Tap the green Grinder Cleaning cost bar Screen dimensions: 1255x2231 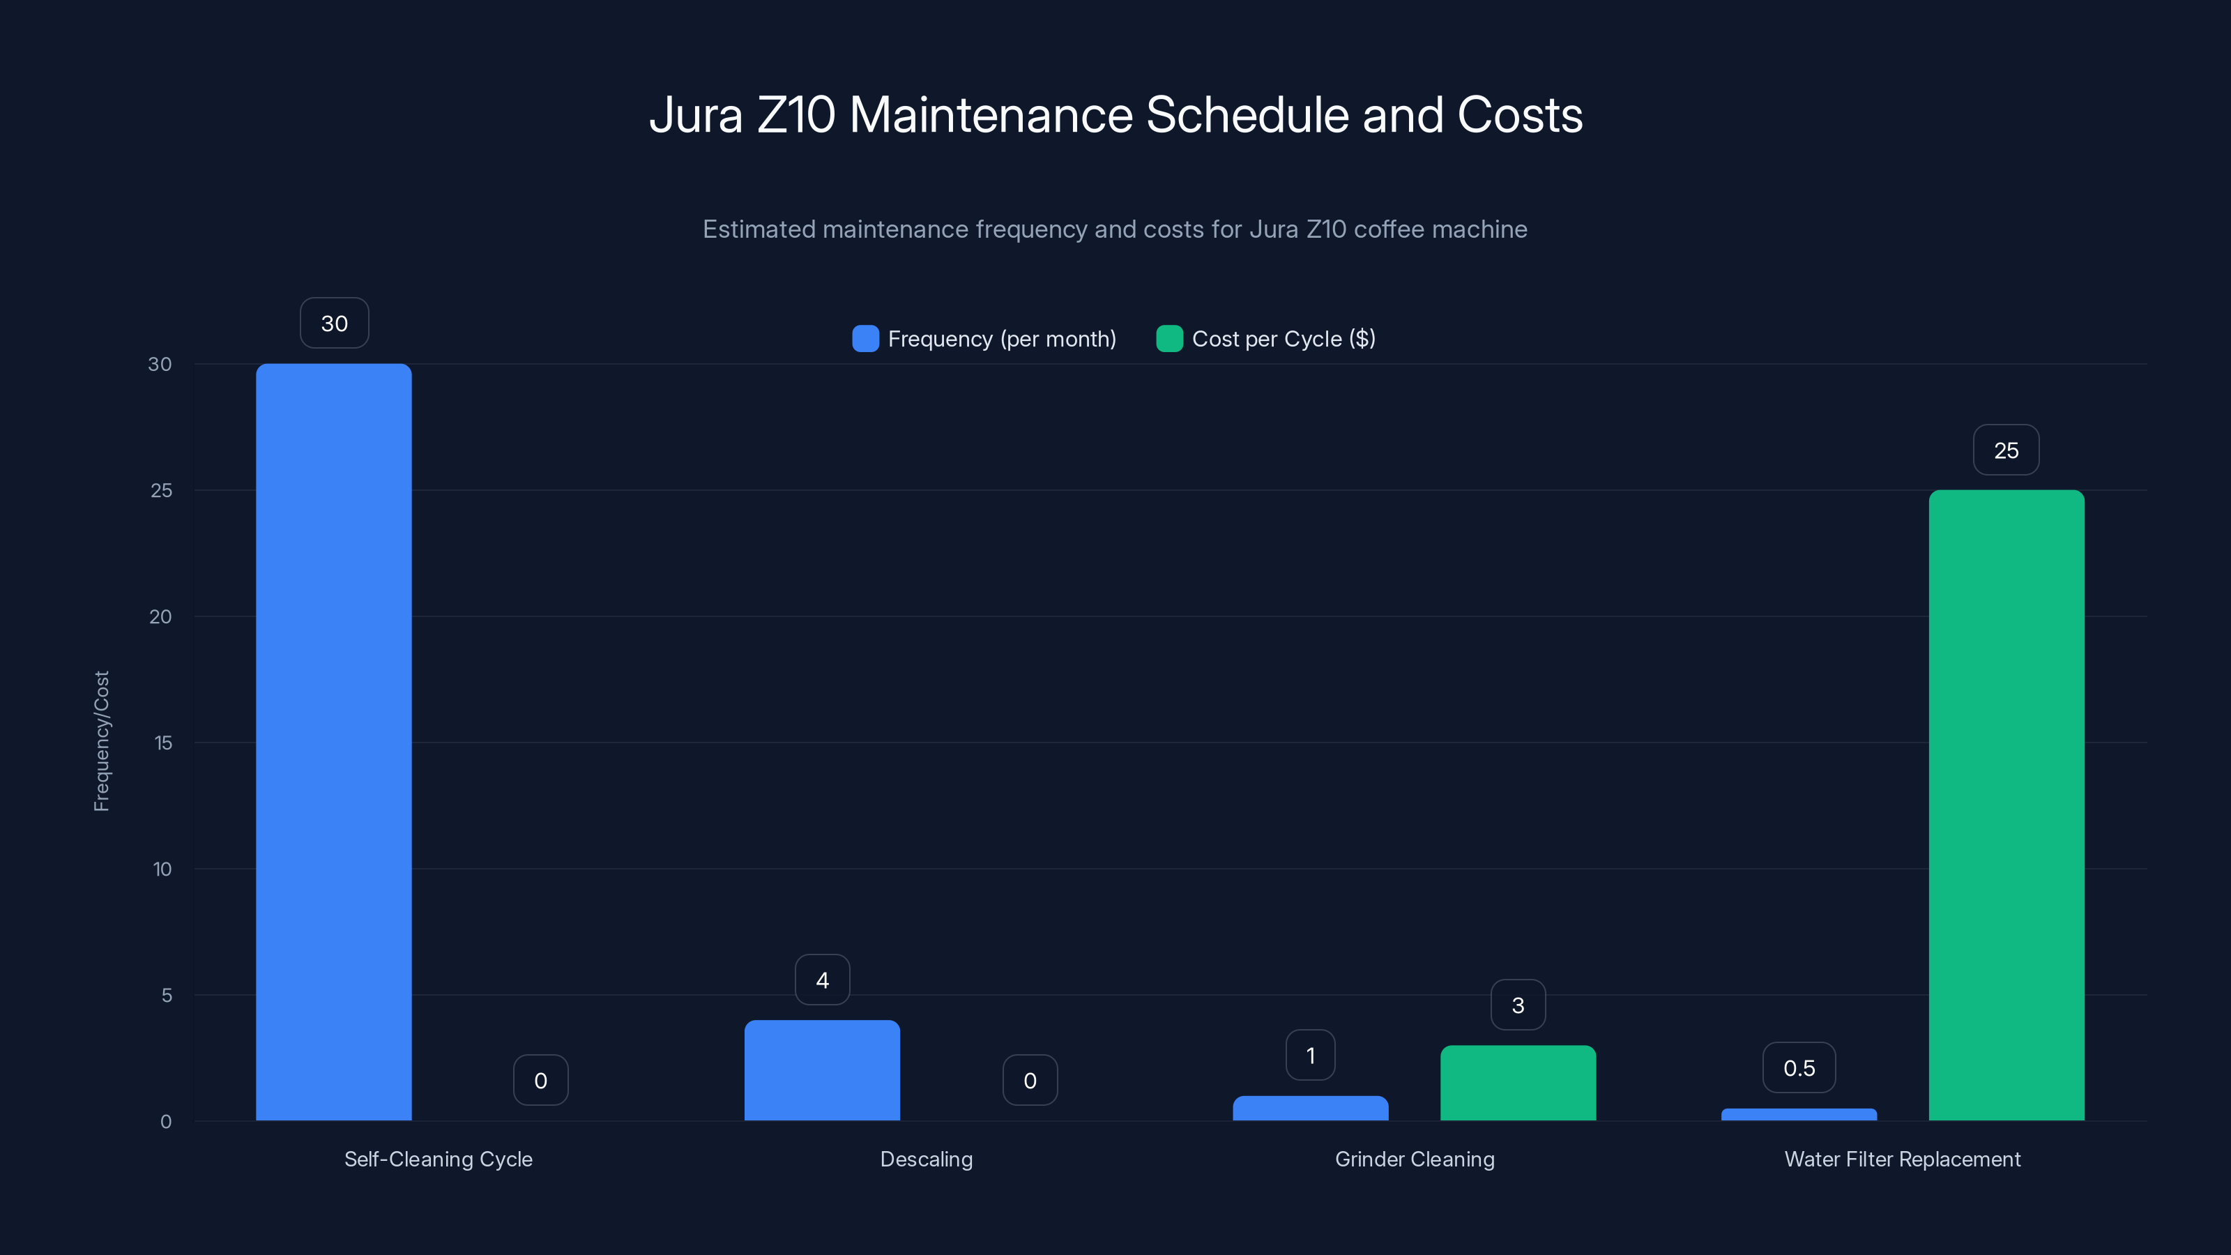pos(1517,1083)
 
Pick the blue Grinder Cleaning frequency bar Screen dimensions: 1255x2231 pos(1311,1109)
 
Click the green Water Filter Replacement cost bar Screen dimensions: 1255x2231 pos(2006,805)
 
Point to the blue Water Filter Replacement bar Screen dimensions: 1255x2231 pos(1799,1115)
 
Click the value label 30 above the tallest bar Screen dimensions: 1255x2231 pos(335,323)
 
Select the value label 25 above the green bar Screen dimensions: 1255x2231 pos(2006,450)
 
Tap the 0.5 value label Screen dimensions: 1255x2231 pos(1799,1068)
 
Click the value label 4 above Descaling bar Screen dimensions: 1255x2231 pos(822,980)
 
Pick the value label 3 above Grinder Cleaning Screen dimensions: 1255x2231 pos(1517,1005)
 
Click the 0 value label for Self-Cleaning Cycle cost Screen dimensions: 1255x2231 pos(540,1081)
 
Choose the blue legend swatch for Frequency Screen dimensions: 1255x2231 pos(865,339)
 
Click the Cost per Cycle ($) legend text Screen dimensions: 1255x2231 pos(1284,339)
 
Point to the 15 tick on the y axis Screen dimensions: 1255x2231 pos(163,743)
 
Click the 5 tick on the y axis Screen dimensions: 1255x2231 pos(167,995)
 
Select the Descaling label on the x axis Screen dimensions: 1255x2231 pos(926,1159)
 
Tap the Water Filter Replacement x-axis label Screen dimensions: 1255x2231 pos(1902,1159)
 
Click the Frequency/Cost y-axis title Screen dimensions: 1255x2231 pos(101,741)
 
